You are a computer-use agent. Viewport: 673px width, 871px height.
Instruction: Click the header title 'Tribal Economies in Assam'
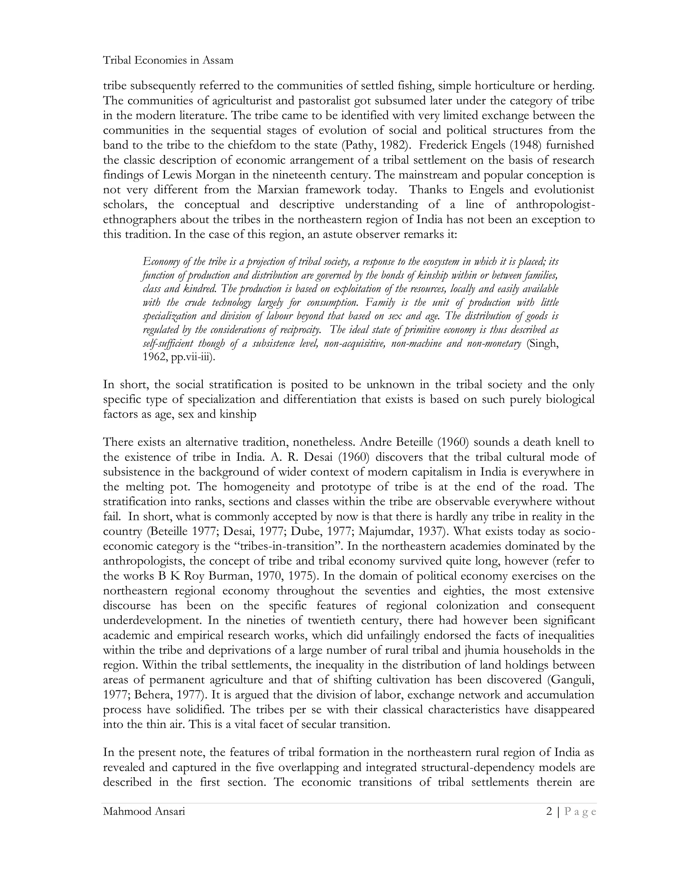(168, 60)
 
